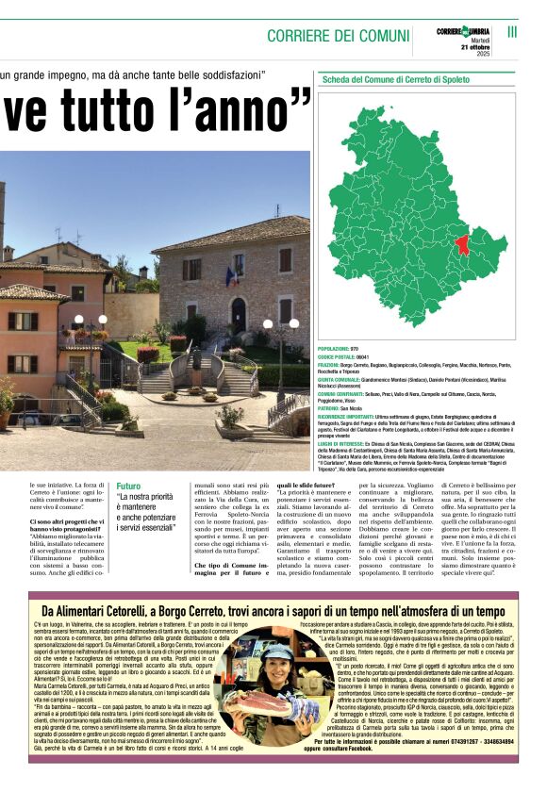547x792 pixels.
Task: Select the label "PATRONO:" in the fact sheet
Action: coord(334,407)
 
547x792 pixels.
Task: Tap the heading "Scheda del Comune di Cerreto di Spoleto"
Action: coord(396,80)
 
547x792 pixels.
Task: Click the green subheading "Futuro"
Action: coord(128,487)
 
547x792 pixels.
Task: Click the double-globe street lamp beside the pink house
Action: coord(89,323)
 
